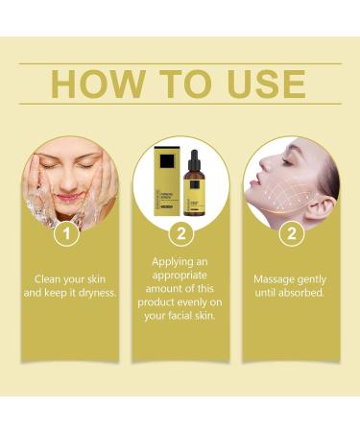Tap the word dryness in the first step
pos(99,294)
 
